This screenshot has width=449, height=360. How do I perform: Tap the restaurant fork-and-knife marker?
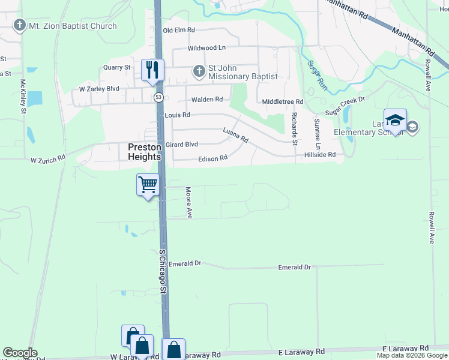(x=152, y=69)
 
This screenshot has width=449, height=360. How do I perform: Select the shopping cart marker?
(x=148, y=185)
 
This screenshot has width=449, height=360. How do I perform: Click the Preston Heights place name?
(x=144, y=151)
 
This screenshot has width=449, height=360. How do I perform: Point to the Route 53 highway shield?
(x=158, y=96)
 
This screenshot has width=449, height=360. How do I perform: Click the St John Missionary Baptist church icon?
(x=199, y=71)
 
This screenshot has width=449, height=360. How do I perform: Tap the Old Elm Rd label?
(x=179, y=30)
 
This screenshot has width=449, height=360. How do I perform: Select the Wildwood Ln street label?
(x=206, y=47)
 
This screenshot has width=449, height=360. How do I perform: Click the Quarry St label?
(x=117, y=67)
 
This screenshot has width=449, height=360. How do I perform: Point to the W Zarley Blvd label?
(x=99, y=89)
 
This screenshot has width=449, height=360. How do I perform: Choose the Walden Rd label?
(x=207, y=100)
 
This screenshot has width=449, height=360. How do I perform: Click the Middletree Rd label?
(x=283, y=102)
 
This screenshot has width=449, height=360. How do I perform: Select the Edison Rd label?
(x=212, y=158)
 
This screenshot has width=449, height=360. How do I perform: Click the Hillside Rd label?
(x=319, y=154)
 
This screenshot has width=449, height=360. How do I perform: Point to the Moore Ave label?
(x=188, y=202)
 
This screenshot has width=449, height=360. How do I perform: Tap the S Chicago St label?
(x=162, y=271)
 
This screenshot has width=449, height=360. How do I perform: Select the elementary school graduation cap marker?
(x=396, y=121)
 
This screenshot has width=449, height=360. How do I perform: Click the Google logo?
(x=20, y=353)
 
